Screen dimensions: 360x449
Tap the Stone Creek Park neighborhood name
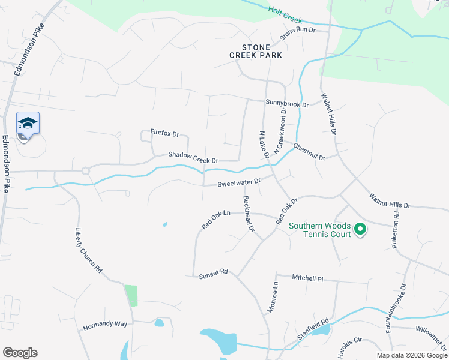pos(254,51)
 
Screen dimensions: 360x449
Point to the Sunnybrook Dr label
pos(287,104)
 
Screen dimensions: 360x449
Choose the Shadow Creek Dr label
pos(193,157)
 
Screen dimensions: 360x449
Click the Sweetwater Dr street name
pos(239,181)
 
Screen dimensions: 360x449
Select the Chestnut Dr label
pos(309,152)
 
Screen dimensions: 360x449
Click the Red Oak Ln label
pos(216,220)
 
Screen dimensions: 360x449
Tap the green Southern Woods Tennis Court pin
pos(360,229)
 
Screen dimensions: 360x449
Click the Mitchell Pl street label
pos(307,278)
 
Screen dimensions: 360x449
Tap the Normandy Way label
pos(106,324)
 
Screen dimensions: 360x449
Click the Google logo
pos(20,353)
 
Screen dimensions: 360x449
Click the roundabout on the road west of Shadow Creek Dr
pos(86,171)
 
